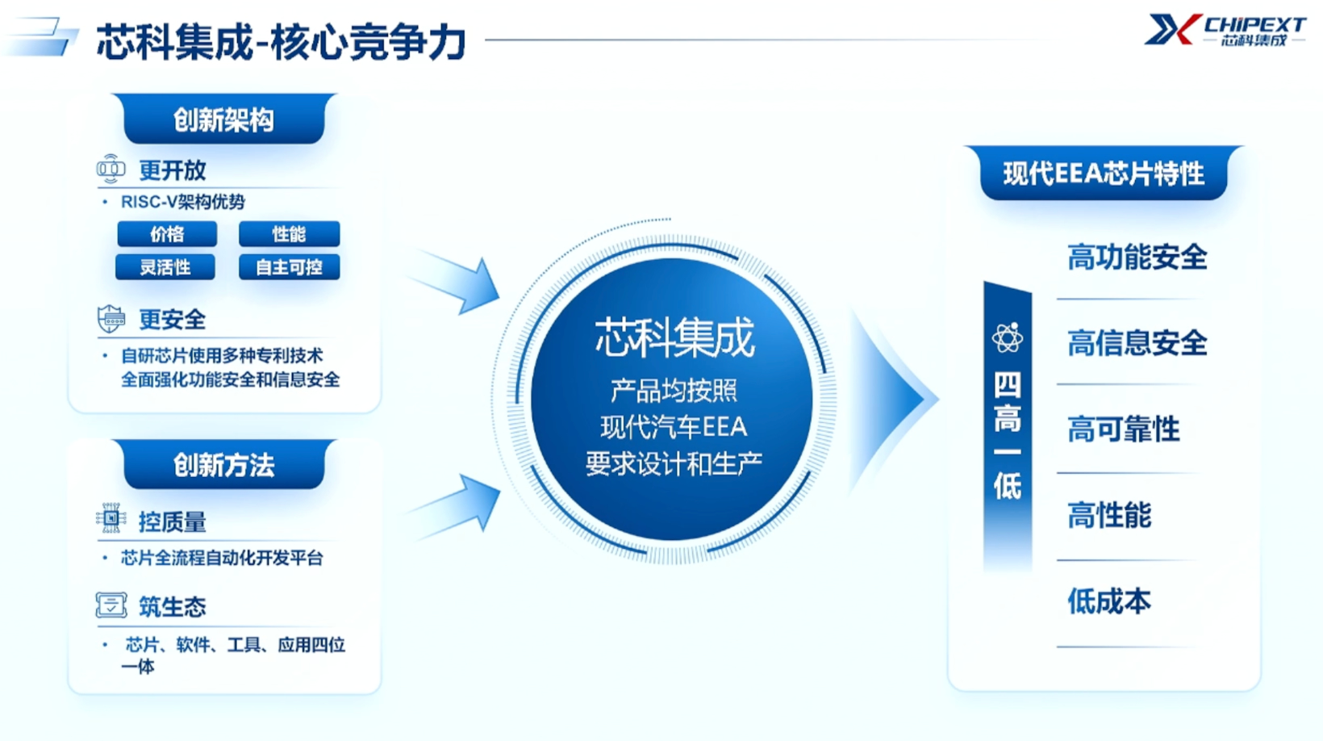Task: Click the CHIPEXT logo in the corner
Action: click(1225, 30)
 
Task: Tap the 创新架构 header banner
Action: click(223, 119)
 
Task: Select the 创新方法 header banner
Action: click(223, 464)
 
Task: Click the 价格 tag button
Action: click(167, 234)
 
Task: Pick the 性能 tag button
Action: click(289, 234)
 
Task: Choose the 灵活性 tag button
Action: click(165, 267)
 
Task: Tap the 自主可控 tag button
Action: click(289, 267)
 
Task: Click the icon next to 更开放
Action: click(111, 169)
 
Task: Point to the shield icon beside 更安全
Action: click(111, 319)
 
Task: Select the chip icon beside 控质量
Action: click(111, 518)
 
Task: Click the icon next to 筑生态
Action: click(111, 605)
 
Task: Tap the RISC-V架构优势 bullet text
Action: click(182, 202)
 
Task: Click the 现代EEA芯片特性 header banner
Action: click(1104, 173)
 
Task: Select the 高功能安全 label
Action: click(1137, 257)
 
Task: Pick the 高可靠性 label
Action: click(1124, 429)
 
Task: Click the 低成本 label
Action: click(1109, 601)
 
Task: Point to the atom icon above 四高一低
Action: click(1007, 338)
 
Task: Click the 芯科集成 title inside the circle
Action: click(674, 337)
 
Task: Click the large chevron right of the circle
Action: click(892, 400)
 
